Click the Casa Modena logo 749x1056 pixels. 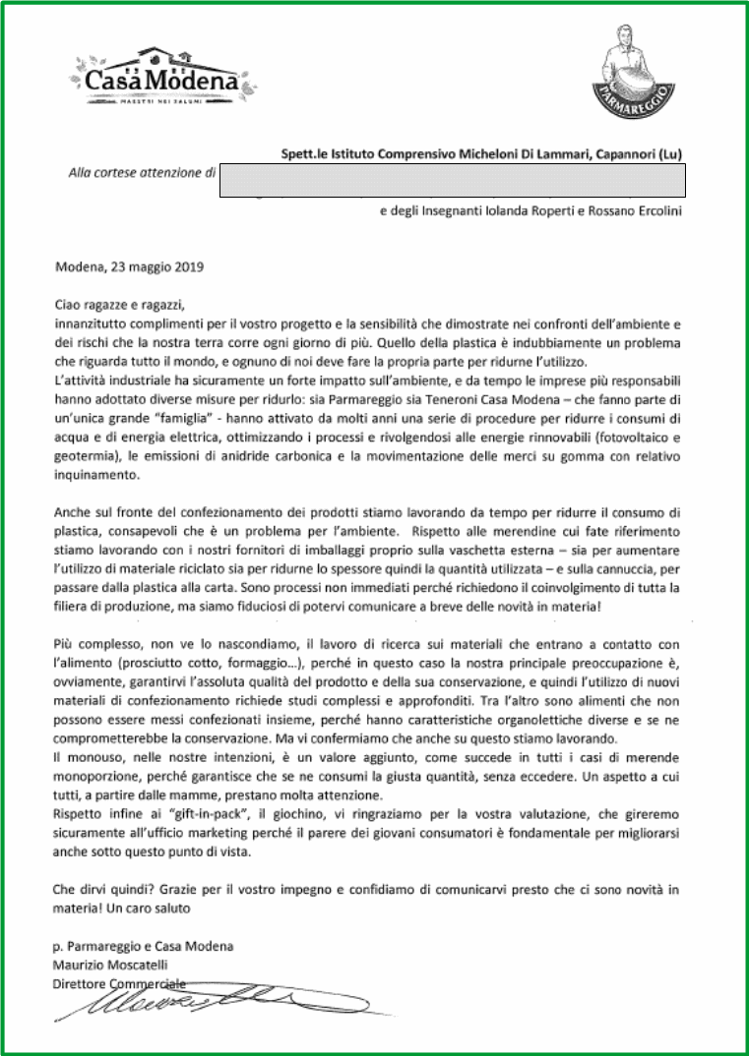[157, 74]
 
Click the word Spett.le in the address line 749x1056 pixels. [301, 153]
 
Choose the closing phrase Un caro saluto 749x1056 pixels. [149, 909]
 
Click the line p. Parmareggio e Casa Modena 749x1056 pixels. [143, 947]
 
